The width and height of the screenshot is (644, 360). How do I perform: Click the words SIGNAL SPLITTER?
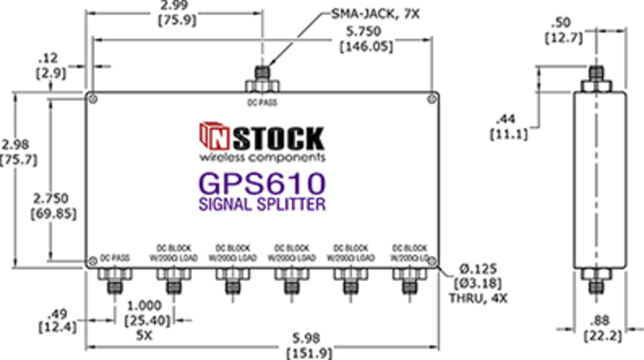(x=262, y=205)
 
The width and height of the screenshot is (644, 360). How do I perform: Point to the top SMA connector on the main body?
(x=261, y=82)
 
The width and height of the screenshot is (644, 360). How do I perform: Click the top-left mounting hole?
(x=93, y=101)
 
